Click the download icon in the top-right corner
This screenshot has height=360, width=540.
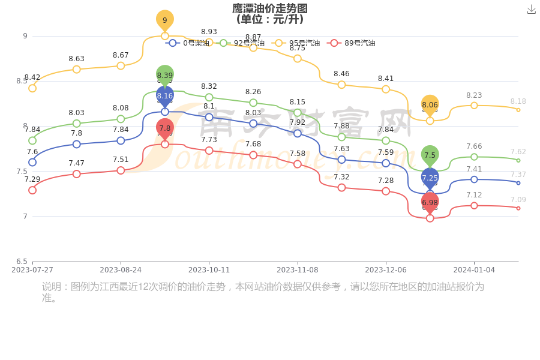(x=531, y=9)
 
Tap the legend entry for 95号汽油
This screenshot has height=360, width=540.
(x=296, y=43)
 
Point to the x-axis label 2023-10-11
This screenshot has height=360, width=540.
(x=209, y=270)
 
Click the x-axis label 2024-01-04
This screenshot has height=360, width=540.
(x=474, y=270)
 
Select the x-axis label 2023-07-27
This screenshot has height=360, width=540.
(x=32, y=270)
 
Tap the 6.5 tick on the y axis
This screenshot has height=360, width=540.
(x=22, y=262)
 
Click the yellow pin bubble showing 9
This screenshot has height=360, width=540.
(x=165, y=20)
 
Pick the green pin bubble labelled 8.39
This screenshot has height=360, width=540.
(x=165, y=75)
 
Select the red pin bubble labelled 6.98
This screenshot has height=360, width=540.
(x=430, y=203)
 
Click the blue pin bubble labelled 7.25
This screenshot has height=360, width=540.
(x=430, y=178)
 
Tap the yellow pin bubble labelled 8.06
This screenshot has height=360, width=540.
(x=430, y=105)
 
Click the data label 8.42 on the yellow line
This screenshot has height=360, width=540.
(x=32, y=77)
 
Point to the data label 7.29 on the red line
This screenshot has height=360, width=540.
(x=32, y=179)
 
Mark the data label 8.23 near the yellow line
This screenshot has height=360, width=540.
(x=474, y=95)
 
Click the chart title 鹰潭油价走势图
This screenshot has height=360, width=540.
(x=270, y=8)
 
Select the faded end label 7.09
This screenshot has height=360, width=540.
(x=518, y=200)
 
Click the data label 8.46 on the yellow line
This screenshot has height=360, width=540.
(x=341, y=74)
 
